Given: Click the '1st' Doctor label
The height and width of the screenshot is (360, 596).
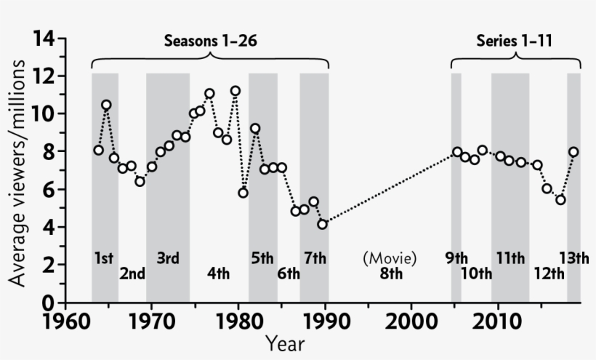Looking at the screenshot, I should click(x=104, y=258).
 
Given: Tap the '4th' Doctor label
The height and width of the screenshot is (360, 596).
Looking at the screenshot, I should click(x=218, y=274).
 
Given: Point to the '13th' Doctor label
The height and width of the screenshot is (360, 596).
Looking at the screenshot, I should click(x=573, y=258).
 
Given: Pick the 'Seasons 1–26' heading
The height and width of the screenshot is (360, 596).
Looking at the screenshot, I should click(x=210, y=41).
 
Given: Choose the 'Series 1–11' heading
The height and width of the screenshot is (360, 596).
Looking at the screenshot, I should click(x=515, y=41).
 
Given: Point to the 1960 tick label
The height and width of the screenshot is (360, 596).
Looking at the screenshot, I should click(x=65, y=321).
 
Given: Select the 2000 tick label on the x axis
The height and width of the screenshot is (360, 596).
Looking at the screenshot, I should click(x=411, y=321).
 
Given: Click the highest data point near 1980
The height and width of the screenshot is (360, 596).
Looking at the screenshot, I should click(x=235, y=91).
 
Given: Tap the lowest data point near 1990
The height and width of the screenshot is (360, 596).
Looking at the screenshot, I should click(x=322, y=224).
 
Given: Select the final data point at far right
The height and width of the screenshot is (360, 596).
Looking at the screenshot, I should click(x=573, y=152).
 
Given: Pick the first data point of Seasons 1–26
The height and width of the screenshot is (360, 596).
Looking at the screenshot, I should click(x=98, y=151).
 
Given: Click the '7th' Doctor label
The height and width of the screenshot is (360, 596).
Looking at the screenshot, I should click(x=315, y=258).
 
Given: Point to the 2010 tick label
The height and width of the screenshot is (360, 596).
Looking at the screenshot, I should click(x=497, y=321).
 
